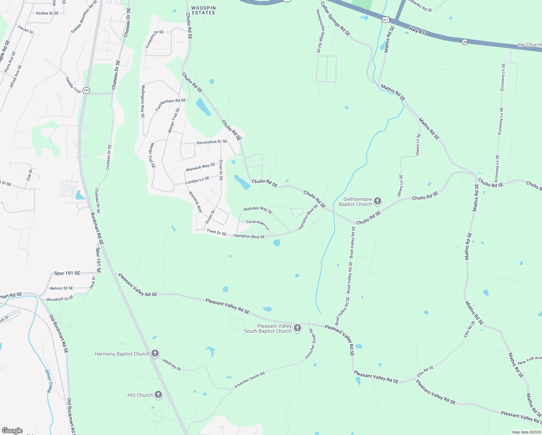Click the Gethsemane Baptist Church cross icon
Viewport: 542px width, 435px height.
click(x=378, y=202)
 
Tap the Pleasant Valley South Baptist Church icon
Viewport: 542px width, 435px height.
click(x=297, y=328)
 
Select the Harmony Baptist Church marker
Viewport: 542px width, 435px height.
click(x=155, y=354)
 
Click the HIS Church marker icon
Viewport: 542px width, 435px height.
click(x=158, y=395)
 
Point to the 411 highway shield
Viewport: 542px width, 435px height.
click(x=385, y=20)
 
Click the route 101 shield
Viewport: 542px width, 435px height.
click(x=86, y=90)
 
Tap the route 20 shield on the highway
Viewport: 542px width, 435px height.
click(x=465, y=42)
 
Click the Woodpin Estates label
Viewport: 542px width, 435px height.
click(x=203, y=10)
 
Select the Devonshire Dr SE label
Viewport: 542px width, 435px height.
click(x=212, y=142)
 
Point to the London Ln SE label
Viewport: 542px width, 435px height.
click(x=197, y=180)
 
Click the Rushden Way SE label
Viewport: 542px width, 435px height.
click(x=258, y=210)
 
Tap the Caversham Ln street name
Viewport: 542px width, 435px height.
click(x=258, y=224)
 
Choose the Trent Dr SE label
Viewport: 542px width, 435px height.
click(x=217, y=232)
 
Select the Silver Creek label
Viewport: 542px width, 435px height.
click(x=49, y=381)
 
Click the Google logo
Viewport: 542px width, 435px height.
click(x=12, y=430)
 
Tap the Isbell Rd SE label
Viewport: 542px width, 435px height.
click(x=172, y=365)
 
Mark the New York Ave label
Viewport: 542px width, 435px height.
click(x=529, y=360)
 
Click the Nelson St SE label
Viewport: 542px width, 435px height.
click(x=62, y=288)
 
